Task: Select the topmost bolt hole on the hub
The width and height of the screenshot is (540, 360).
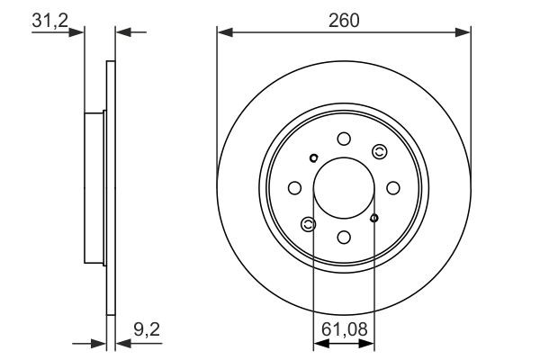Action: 344,138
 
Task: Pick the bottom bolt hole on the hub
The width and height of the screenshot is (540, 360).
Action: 344,237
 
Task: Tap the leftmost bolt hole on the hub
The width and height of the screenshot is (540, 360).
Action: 294,187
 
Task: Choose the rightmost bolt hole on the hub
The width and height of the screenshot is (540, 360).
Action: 393,187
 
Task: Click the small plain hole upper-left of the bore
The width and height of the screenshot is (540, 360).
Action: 313,159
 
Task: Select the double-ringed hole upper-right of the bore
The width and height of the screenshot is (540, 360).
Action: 379,151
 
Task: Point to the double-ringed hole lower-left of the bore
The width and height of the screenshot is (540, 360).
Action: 309,223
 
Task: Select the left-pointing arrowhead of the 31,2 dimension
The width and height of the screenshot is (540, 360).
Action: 122,33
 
